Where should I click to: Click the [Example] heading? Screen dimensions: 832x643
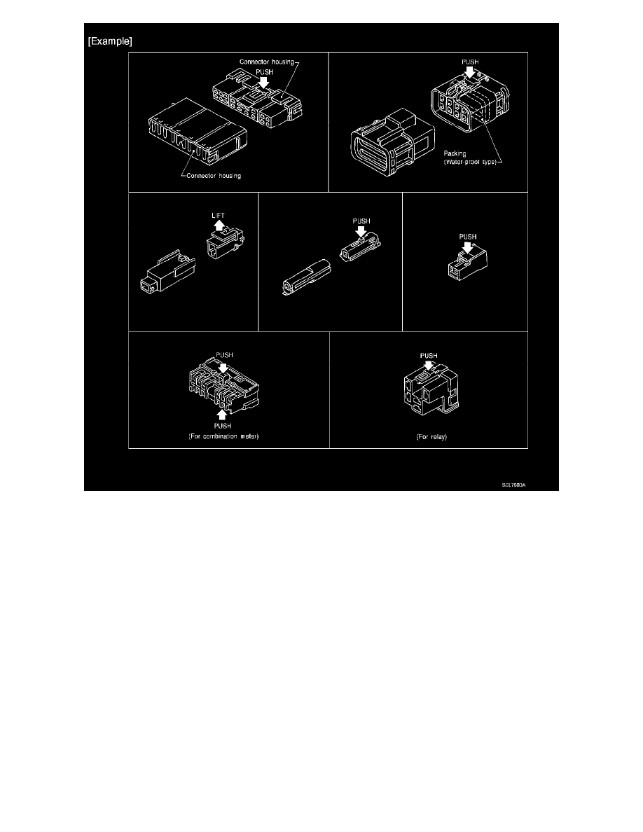[110, 41]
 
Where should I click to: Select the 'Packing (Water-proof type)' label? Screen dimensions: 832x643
[471, 157]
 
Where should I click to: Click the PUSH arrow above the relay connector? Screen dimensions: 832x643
[429, 366]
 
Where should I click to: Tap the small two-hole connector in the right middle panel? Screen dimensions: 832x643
[464, 265]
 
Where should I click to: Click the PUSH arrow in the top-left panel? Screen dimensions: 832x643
[263, 83]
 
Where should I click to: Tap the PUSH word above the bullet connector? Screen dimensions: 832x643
[361, 221]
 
